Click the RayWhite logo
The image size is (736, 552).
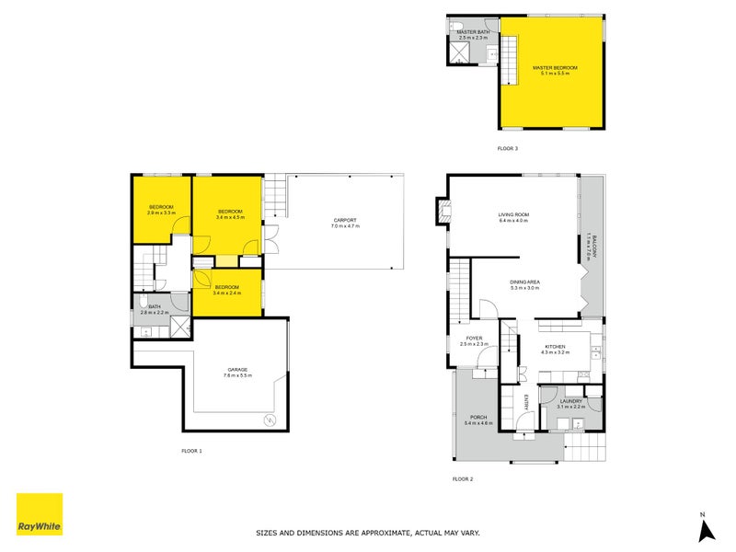[40, 514]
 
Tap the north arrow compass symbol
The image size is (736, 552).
[706, 528]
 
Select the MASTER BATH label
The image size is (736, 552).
[472, 32]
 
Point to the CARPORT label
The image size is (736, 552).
[345, 220]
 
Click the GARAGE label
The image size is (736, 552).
[237, 370]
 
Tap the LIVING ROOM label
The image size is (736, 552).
[513, 215]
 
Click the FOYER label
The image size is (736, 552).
[474, 339]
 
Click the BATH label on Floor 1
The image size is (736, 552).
[155, 307]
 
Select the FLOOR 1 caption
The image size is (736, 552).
[191, 450]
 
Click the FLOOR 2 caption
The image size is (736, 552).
[463, 478]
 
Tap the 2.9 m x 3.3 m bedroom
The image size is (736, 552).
[162, 210]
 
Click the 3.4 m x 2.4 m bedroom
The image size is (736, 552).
[227, 288]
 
